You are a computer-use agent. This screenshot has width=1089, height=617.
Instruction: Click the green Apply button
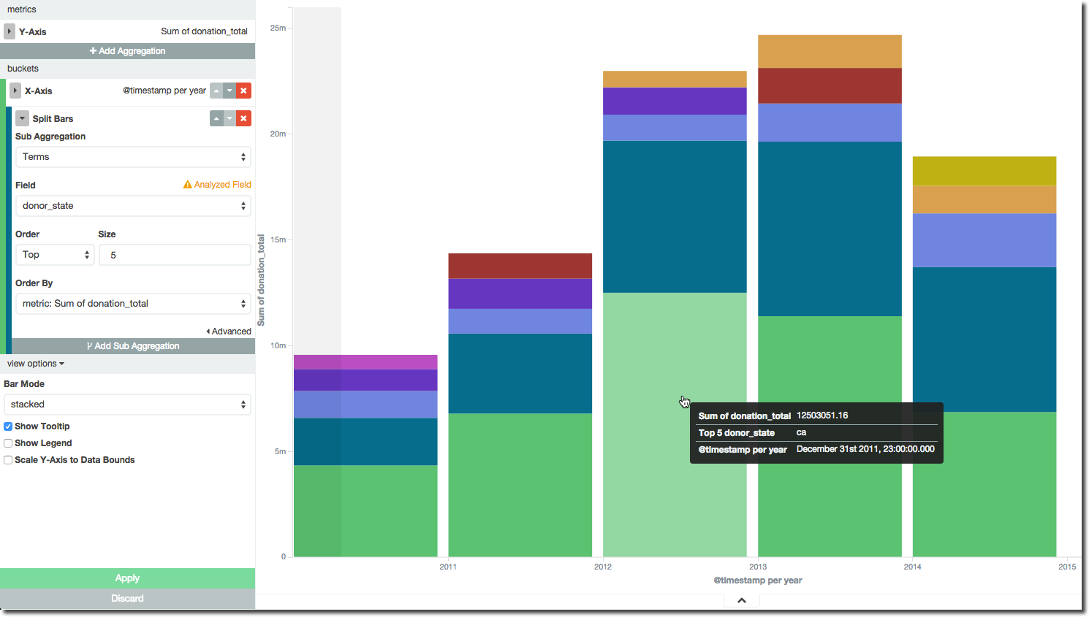[127, 578]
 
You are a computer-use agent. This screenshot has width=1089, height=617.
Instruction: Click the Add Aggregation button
[127, 51]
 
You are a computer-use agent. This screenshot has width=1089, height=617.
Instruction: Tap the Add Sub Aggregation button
[133, 346]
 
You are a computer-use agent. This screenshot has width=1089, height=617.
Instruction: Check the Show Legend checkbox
[8, 443]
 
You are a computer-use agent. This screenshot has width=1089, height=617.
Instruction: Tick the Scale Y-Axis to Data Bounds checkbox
[8, 460]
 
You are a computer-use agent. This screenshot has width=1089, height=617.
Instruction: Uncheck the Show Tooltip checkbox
[8, 426]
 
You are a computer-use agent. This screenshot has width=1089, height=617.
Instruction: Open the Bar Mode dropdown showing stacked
[127, 405]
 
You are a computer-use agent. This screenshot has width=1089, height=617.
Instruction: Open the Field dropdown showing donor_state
[133, 206]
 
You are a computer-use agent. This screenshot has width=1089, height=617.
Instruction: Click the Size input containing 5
[175, 255]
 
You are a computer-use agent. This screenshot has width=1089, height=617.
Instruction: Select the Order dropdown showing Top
[55, 255]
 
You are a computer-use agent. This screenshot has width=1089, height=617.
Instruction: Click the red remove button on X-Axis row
[244, 91]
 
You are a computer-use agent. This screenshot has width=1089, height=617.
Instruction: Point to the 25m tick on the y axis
[278, 28]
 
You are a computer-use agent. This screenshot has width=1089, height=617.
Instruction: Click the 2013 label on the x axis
[758, 567]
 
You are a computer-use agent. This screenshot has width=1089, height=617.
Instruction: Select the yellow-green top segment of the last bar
[984, 171]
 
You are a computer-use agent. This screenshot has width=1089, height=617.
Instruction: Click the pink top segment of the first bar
[365, 361]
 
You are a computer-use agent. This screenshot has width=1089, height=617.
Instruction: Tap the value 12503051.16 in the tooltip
[822, 415]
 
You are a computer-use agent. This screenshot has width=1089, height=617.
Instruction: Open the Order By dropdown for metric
[133, 304]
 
